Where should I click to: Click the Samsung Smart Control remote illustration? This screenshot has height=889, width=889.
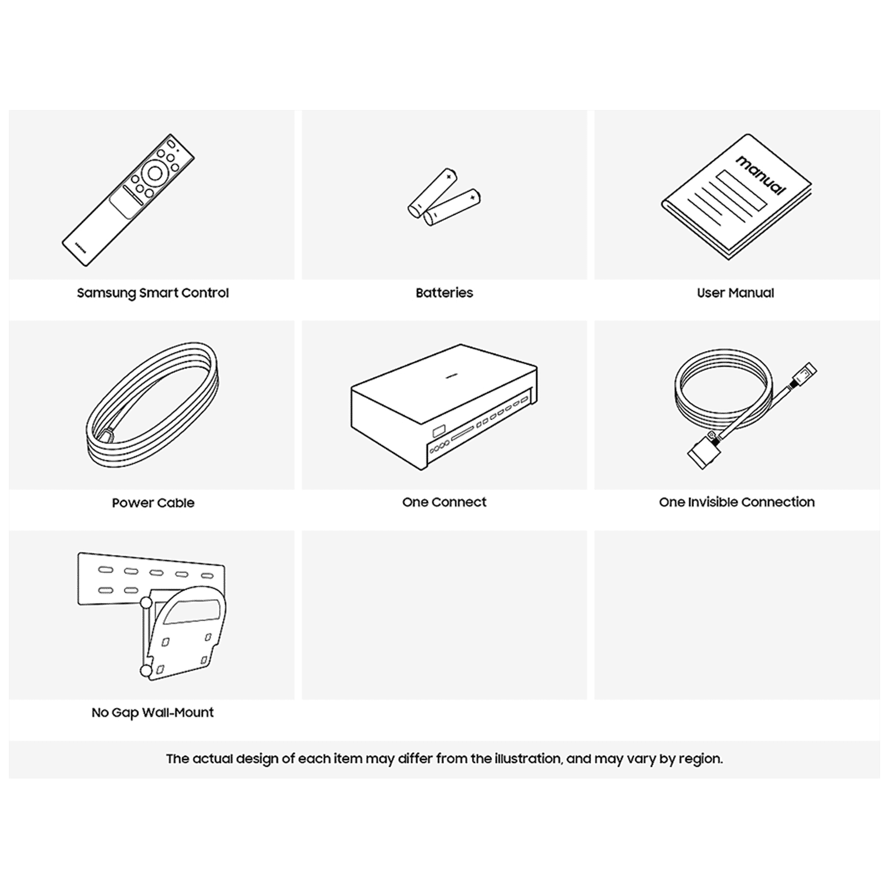point(128,200)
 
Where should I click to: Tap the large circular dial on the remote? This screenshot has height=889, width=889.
point(155,174)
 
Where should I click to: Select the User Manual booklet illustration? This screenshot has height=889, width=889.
point(736,197)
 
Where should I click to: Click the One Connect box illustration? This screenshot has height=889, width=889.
point(444,407)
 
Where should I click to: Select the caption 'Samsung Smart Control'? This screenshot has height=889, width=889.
point(153,293)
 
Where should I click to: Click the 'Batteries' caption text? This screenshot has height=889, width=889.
point(444,293)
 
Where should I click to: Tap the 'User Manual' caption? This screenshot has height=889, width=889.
point(736,293)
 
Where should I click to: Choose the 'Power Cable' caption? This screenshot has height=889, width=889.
point(153,503)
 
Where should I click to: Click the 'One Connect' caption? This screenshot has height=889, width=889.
point(444,502)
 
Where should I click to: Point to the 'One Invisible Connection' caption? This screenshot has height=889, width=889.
point(737,502)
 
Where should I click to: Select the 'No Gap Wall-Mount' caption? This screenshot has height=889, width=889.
point(153,712)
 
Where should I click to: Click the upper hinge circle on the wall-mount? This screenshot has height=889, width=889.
point(146,602)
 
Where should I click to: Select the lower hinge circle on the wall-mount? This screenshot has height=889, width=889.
point(146,671)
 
